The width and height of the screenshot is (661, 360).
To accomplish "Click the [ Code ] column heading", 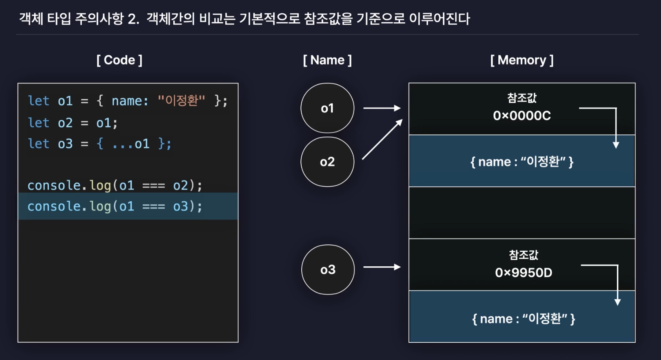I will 120,60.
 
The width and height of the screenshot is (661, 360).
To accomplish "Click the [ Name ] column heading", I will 327,60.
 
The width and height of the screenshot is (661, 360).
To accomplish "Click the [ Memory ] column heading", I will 522,60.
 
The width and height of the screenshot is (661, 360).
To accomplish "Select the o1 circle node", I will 327,108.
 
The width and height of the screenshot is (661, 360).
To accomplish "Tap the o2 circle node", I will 327,162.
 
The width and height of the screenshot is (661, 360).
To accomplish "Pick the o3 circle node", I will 328,270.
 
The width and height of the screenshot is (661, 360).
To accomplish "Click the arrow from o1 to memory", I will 382,108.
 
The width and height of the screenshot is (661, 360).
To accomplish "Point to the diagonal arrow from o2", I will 382,139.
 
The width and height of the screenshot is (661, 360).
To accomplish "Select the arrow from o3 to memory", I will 382,267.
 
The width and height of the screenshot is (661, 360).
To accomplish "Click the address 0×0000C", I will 522,116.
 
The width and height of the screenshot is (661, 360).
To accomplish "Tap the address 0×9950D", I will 523,273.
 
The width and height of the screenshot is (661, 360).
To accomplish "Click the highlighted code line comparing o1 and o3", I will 115,206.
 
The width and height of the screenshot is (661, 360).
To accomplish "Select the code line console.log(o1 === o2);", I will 115,185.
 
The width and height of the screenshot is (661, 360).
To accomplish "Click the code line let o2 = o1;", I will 72,123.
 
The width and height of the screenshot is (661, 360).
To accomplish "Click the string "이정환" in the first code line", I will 181,101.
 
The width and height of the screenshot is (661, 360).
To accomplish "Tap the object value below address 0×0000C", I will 522,162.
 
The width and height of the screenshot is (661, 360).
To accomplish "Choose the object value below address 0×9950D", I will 523,319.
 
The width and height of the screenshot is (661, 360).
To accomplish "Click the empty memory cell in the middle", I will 522,213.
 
